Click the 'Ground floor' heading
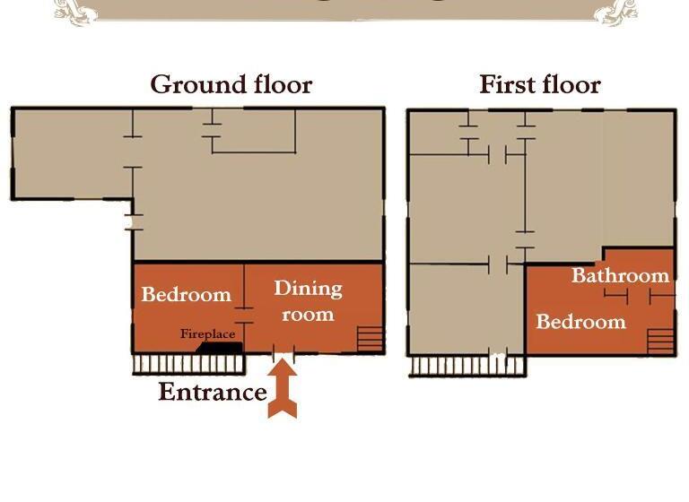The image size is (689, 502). [x=231, y=85]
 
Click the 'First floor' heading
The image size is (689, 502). [x=539, y=84]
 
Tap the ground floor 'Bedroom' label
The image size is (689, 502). [x=187, y=294]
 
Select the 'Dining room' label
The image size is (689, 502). [x=308, y=301]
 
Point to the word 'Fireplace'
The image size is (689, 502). [x=207, y=334]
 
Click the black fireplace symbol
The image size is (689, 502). [x=219, y=348]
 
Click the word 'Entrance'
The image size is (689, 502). [x=213, y=392]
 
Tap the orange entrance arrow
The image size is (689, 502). [x=283, y=388]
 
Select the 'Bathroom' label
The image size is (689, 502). [x=620, y=275]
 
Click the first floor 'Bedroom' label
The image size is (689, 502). [x=580, y=322]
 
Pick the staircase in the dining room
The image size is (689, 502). [x=370, y=339]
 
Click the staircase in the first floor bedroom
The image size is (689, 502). [x=660, y=341]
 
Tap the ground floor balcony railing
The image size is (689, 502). [x=189, y=365]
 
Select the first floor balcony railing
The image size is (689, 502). [x=467, y=366]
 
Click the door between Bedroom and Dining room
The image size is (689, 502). [x=244, y=316]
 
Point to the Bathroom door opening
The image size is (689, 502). [x=639, y=297]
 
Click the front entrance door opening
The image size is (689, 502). [x=283, y=352]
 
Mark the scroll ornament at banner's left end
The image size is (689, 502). [x=75, y=11]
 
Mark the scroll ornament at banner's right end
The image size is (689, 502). [x=615, y=11]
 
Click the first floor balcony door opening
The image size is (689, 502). [x=498, y=354]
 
